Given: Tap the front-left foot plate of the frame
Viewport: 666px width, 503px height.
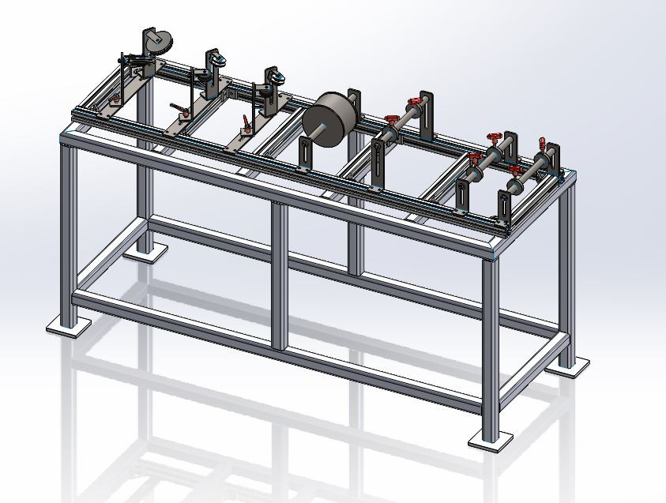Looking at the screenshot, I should click(x=66, y=325).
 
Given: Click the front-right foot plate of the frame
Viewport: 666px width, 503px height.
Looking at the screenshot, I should click(x=491, y=441).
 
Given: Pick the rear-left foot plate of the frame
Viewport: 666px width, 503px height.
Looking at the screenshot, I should click(x=145, y=252).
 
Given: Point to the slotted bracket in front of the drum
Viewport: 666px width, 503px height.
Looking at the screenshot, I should click(x=303, y=155).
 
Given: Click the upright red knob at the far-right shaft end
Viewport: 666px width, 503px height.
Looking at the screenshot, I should click(x=541, y=144).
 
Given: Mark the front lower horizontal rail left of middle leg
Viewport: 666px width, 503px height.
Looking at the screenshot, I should click(x=174, y=313).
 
